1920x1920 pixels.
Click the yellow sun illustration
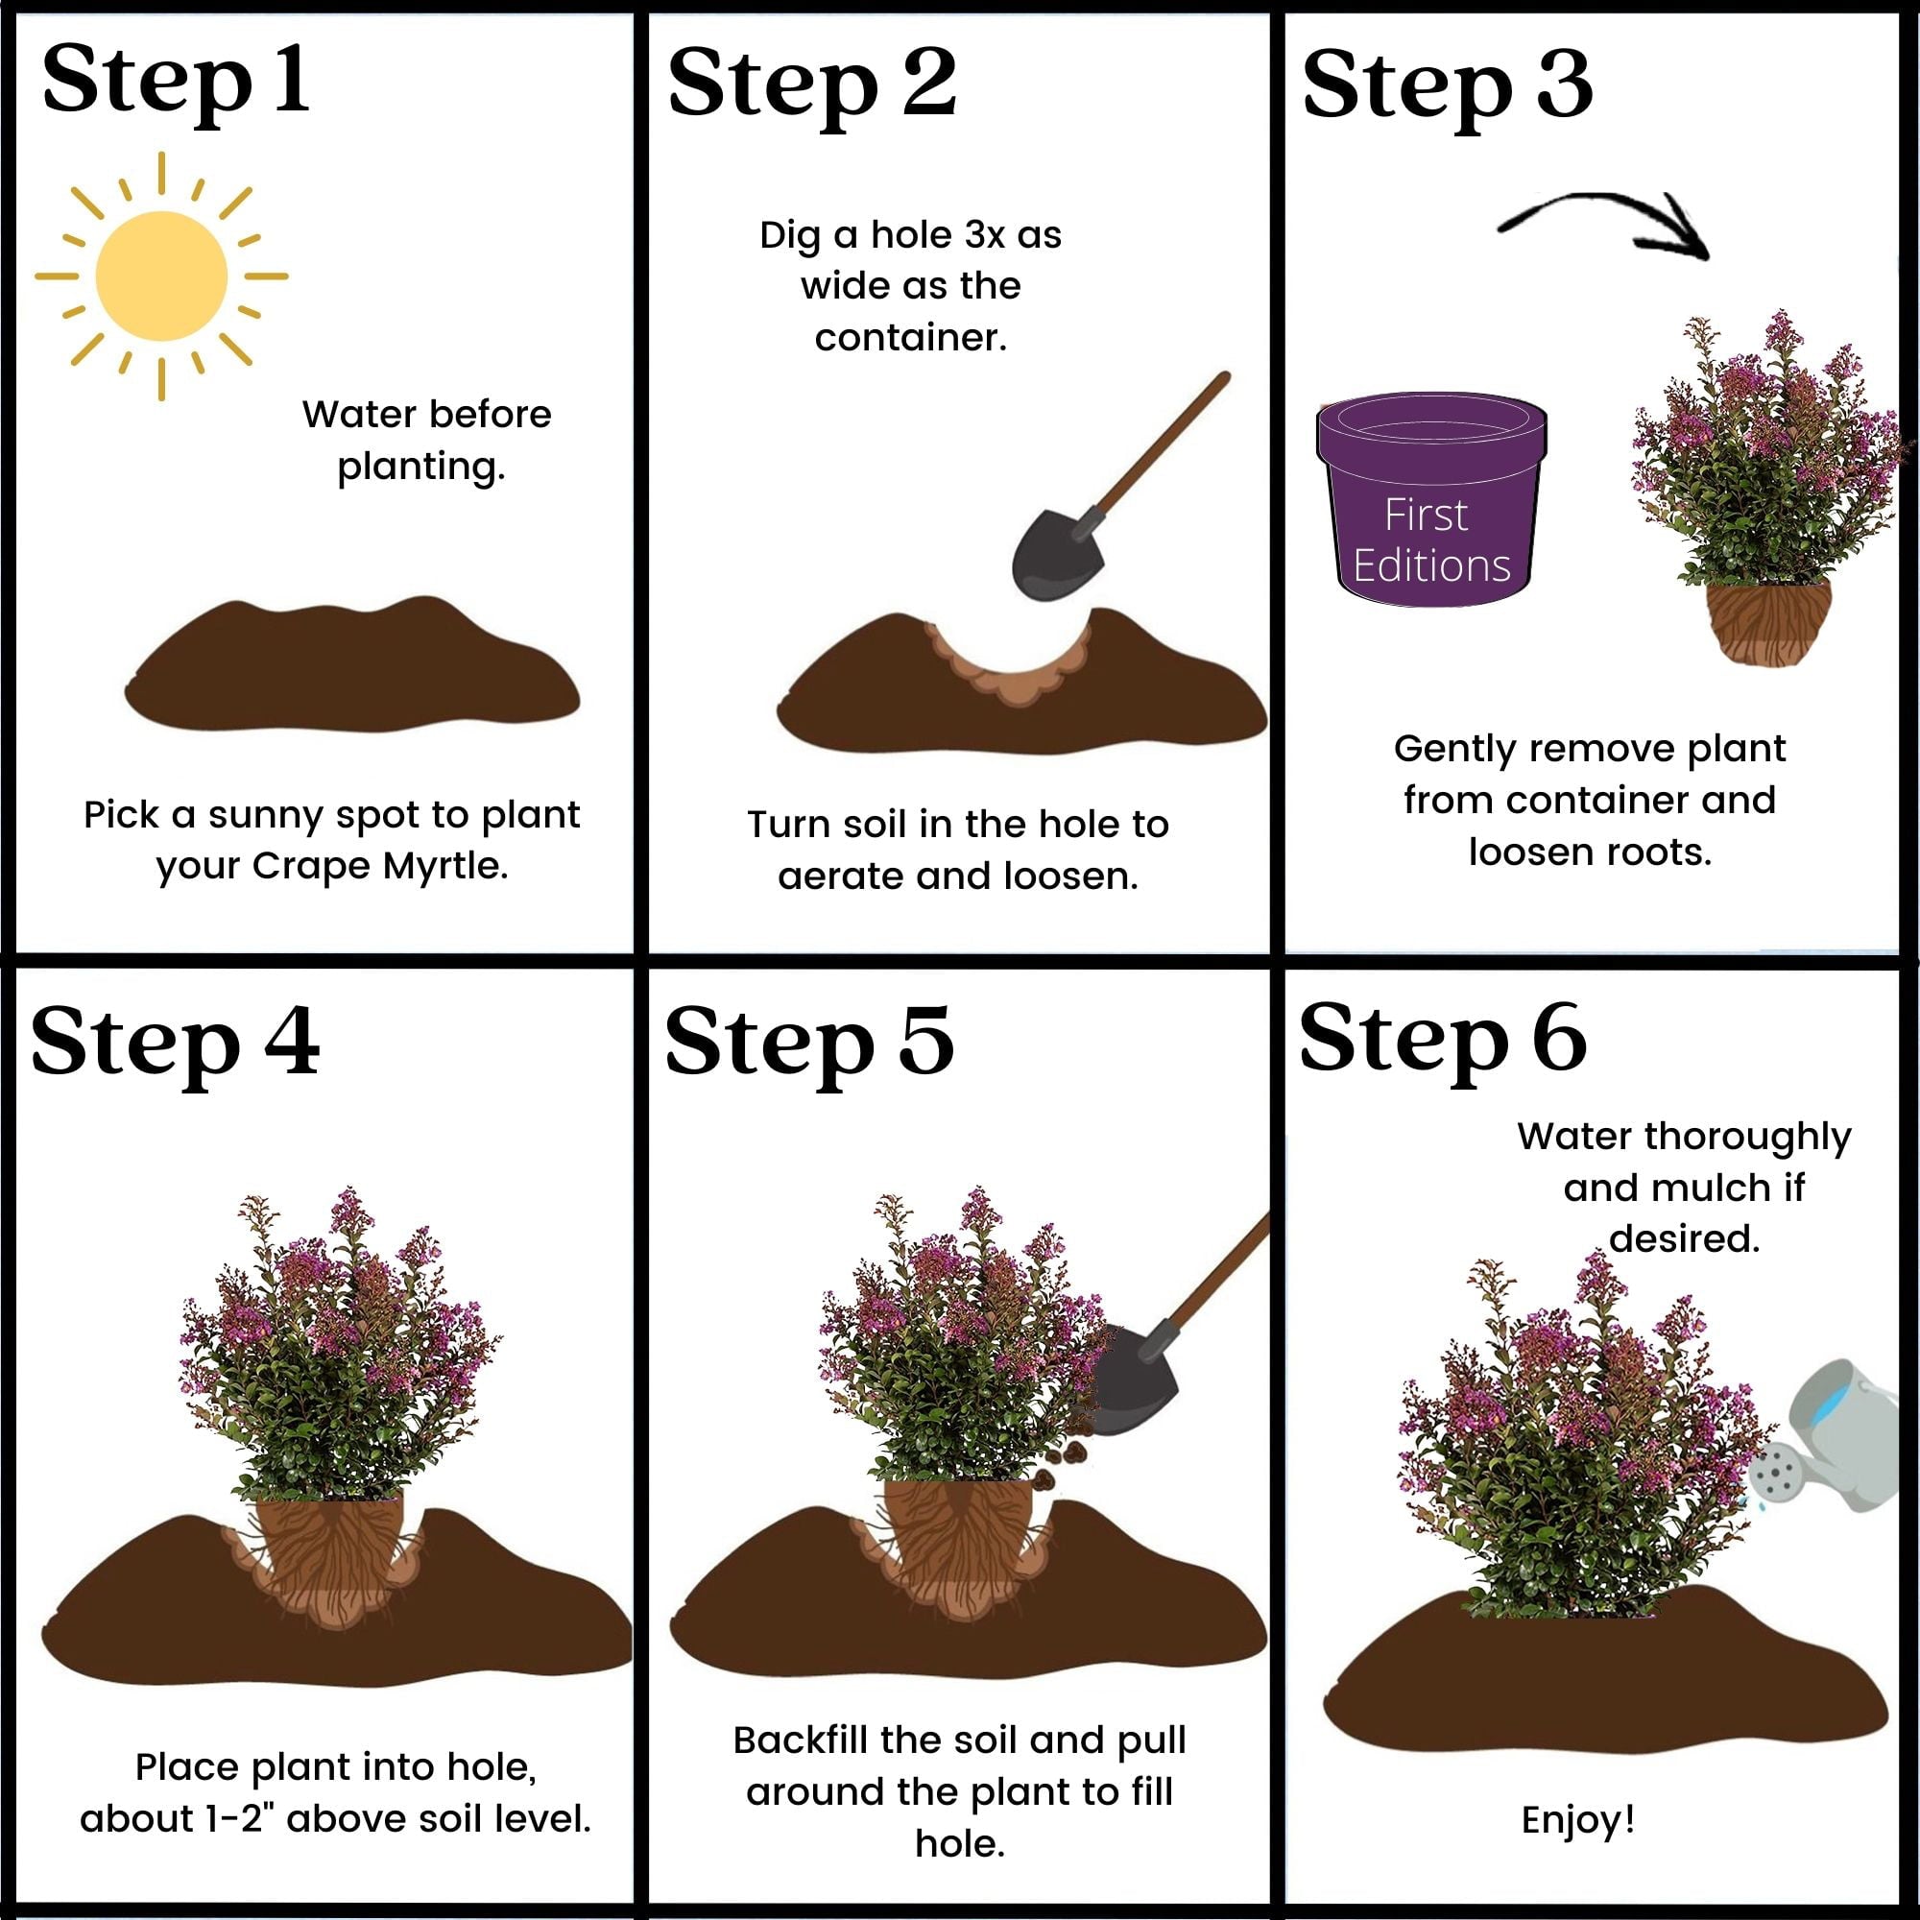coord(161,276)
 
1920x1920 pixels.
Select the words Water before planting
coord(425,440)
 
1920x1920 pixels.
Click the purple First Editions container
coord(1431,502)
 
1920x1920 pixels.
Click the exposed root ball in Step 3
coord(1768,622)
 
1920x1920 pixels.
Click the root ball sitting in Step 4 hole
coord(331,1550)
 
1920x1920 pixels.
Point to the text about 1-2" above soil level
coord(336,1818)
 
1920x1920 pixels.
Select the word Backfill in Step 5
coord(801,1740)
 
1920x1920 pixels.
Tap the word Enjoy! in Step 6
coord(1578,1819)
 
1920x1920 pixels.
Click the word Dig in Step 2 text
coord(790,235)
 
